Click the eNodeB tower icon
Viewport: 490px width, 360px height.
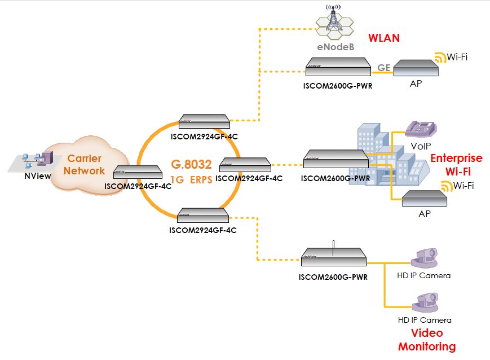(x=335, y=22)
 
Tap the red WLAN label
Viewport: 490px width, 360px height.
(x=384, y=38)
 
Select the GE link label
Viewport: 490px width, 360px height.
(x=384, y=68)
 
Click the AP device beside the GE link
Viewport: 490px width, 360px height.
(x=416, y=68)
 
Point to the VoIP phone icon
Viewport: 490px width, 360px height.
(x=421, y=129)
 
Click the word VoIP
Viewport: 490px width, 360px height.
(x=421, y=146)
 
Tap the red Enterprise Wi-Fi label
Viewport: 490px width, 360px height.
(x=457, y=165)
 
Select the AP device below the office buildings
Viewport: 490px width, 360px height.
(x=425, y=198)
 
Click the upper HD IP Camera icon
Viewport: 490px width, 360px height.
(x=424, y=258)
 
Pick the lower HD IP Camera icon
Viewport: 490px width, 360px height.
(x=425, y=302)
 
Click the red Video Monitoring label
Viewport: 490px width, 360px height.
(x=427, y=340)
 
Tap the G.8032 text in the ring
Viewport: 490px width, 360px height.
(x=191, y=164)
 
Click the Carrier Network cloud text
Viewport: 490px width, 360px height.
(x=85, y=165)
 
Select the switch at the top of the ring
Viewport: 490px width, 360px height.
(x=204, y=121)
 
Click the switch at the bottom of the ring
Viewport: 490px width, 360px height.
(x=203, y=215)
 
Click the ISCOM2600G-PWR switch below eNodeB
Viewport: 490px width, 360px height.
(x=338, y=67)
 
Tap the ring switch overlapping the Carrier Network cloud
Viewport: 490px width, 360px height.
(x=138, y=172)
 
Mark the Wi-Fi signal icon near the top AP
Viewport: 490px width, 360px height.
(x=440, y=58)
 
